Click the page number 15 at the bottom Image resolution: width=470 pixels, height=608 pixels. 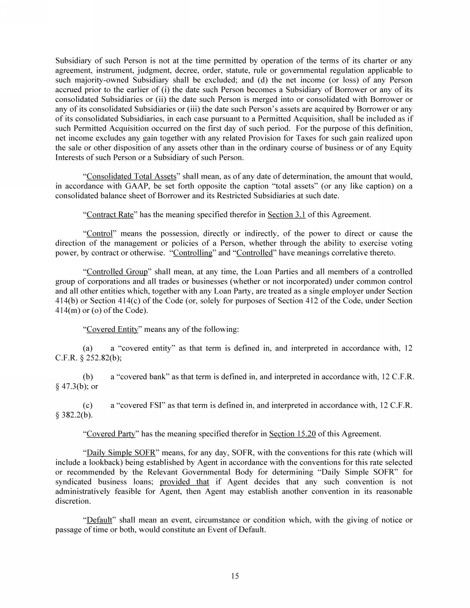235,576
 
